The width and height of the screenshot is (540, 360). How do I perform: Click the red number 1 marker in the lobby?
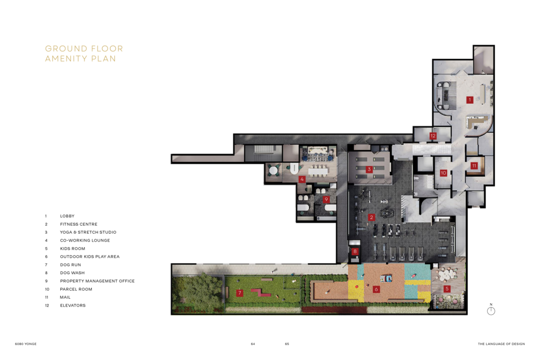(470, 100)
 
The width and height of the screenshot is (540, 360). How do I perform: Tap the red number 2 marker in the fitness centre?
(372, 217)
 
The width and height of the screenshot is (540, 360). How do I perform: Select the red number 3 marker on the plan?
(369, 169)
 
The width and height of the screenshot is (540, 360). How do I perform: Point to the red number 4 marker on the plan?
(302, 179)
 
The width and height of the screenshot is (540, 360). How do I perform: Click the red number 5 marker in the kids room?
(447, 289)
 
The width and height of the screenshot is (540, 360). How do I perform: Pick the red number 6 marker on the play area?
(376, 289)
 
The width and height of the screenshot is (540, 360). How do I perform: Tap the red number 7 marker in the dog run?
(240, 293)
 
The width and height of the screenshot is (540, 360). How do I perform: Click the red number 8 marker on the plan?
(355, 252)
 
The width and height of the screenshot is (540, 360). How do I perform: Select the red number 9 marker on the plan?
(326, 199)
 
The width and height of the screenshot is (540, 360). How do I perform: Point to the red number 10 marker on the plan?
(444, 173)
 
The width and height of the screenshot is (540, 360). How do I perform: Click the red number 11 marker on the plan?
(474, 166)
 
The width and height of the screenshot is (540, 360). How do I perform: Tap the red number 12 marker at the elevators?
(433, 136)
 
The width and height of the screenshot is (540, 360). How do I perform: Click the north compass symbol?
(491, 310)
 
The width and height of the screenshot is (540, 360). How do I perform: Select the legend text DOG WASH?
(72, 273)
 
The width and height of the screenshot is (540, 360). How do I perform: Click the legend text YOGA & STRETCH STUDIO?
(88, 232)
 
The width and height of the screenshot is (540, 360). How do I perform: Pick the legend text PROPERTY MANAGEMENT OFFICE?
(97, 281)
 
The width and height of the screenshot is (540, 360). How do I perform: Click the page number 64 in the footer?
(253, 344)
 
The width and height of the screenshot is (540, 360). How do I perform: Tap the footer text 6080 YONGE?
(26, 344)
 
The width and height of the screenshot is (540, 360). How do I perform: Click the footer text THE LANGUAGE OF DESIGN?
(501, 344)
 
